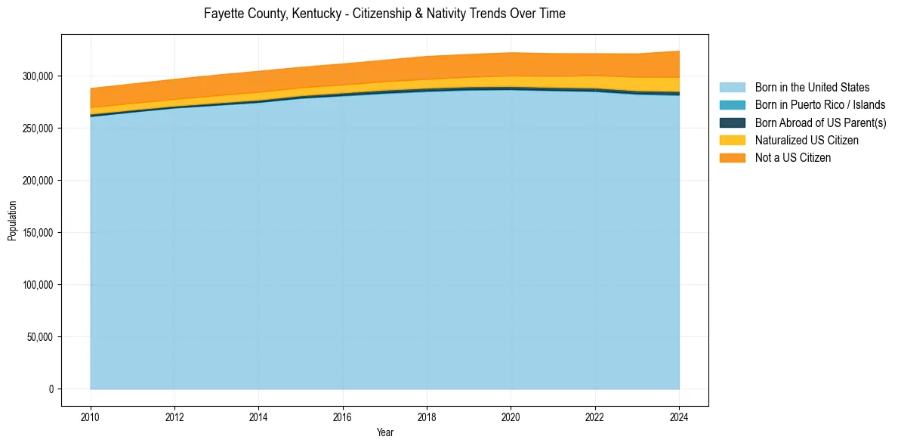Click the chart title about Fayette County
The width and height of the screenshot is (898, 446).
click(x=384, y=14)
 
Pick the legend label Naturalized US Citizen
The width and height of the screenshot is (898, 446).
click(x=807, y=140)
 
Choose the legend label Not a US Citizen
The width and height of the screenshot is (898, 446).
click(x=792, y=157)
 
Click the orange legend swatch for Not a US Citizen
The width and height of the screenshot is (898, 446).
click(x=732, y=157)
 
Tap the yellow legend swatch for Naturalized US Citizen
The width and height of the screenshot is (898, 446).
click(x=732, y=140)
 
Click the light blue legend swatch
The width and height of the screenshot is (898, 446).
click(x=732, y=88)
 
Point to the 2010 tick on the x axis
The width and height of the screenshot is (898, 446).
click(x=91, y=415)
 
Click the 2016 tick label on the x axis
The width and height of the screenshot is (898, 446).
click(x=343, y=415)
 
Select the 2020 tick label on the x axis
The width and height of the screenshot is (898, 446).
click(x=511, y=415)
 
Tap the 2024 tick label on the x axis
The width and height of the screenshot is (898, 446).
click(x=680, y=415)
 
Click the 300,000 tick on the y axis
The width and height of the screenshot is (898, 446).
click(x=39, y=76)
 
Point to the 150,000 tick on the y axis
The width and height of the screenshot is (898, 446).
click(x=39, y=233)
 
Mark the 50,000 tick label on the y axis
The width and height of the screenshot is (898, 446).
click(x=41, y=337)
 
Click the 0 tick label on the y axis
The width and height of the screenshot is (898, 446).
click(x=52, y=389)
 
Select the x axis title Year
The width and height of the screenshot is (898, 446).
click(x=384, y=433)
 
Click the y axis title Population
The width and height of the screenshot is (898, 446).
click(x=12, y=221)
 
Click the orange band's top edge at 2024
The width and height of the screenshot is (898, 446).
click(x=680, y=51)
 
